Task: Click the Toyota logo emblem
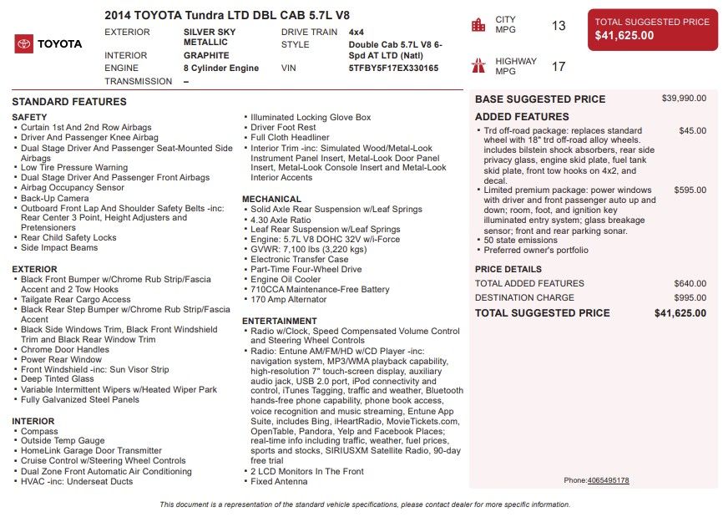[x=24, y=44]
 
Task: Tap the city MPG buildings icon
[x=478, y=25]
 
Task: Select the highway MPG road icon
[x=478, y=66]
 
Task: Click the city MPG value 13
[x=559, y=26]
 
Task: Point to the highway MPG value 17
[x=559, y=67]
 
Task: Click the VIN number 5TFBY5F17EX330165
[x=393, y=68]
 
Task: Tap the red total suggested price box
[x=652, y=30]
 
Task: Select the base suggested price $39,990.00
[x=684, y=99]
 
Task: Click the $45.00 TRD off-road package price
[x=692, y=131]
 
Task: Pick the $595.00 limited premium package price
[x=690, y=190]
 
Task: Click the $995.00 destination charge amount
[x=690, y=297]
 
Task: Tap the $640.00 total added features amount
[x=690, y=284]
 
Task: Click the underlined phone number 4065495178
[x=608, y=480]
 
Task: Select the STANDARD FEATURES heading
[x=69, y=102]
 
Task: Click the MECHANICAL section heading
[x=271, y=199]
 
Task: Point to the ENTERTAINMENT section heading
[x=279, y=321]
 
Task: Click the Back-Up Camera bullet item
[x=54, y=198]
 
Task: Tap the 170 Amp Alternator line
[x=289, y=299]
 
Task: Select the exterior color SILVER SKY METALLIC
[x=209, y=37]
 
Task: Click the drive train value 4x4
[x=356, y=32]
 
